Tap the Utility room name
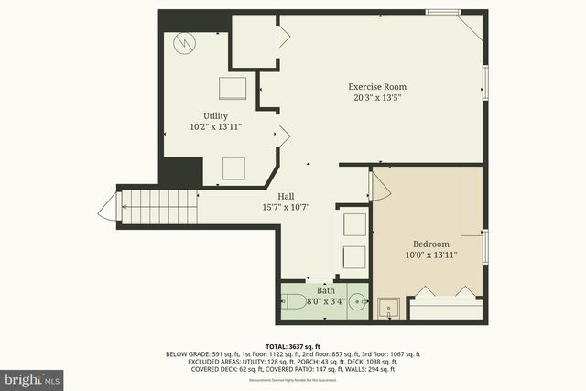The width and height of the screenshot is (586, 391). [x=215, y=115]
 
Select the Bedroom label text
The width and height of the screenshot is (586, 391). [x=430, y=244]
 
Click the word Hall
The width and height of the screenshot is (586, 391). [x=286, y=196]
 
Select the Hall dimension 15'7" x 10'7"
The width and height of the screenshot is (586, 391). [x=286, y=207]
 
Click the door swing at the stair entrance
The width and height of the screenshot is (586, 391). [x=107, y=209]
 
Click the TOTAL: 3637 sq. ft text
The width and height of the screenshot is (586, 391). [x=292, y=345]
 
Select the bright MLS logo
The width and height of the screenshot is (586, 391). [x=33, y=377]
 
